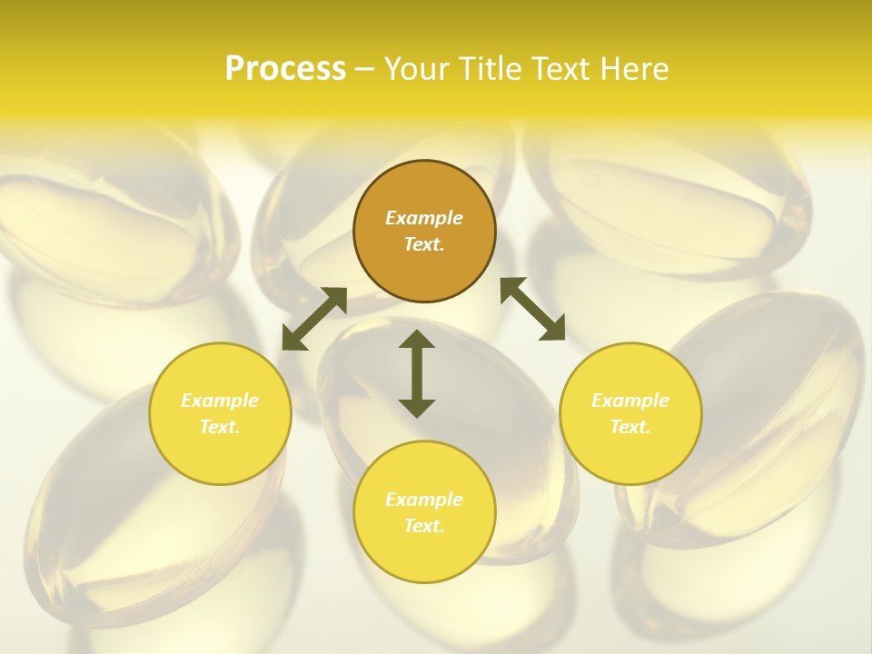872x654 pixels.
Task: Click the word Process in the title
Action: pos(285,69)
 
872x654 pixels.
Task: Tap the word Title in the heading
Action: pos(494,69)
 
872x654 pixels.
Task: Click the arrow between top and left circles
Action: pos(314,319)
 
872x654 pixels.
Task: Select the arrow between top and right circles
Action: pos(533,309)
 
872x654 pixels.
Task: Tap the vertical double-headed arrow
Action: pos(417,373)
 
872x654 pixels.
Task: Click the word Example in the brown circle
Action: pos(424,218)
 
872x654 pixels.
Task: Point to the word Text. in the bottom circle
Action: pos(424,526)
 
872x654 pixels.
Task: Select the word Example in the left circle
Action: pos(220,401)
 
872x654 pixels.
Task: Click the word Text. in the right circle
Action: pos(630,427)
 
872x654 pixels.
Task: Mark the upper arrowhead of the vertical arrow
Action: pos(417,340)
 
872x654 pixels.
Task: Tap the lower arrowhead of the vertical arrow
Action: pos(417,408)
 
